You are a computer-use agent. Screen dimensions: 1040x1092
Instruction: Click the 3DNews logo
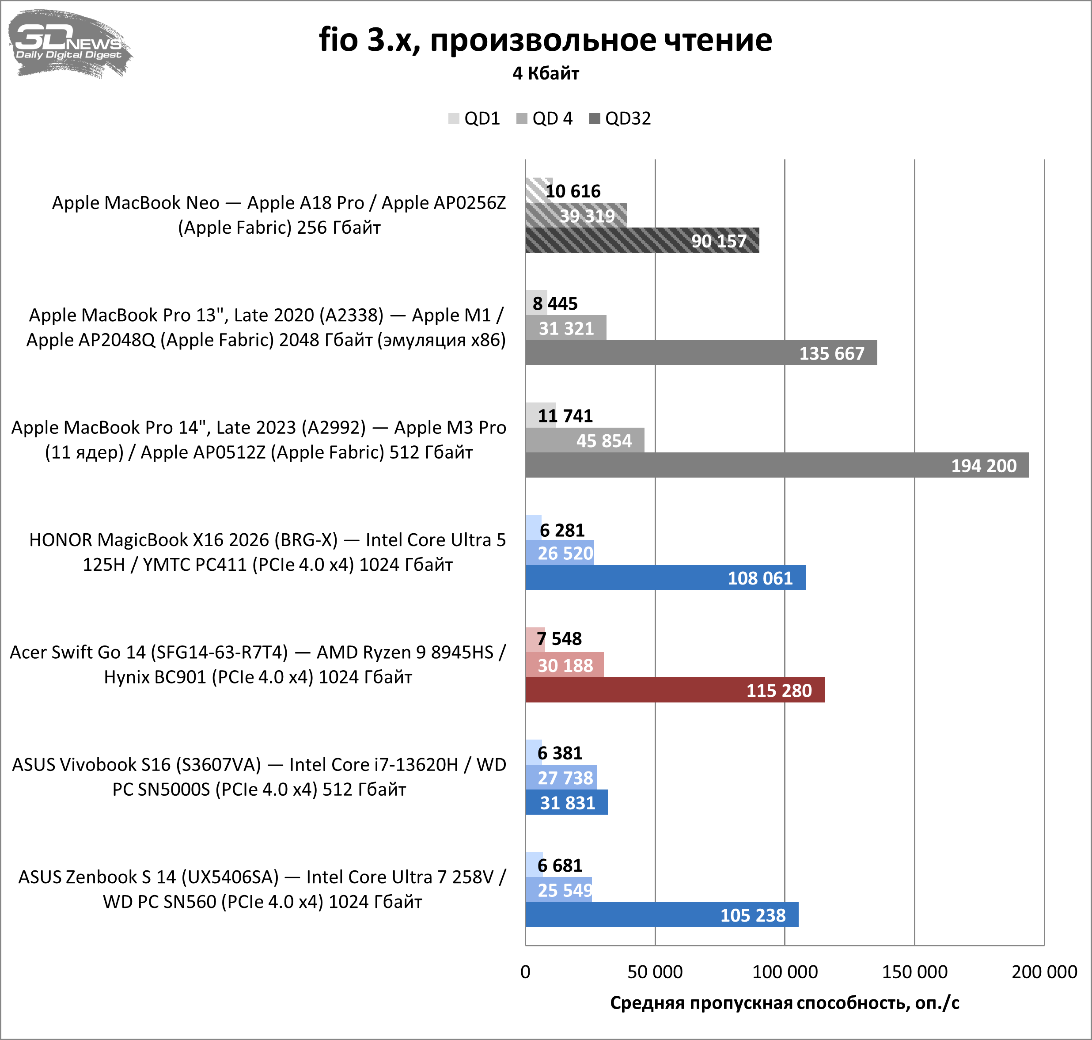tap(69, 43)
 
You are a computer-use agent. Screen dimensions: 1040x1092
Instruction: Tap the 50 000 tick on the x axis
tap(655, 972)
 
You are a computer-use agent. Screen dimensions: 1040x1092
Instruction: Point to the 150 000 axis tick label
tap(914, 972)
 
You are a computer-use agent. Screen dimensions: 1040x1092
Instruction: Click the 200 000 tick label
tap(1044, 972)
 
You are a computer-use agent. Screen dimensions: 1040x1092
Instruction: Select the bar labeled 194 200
tap(776, 465)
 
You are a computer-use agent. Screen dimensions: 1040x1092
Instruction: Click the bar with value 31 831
tap(566, 803)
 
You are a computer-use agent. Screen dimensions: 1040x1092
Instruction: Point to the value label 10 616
tap(573, 191)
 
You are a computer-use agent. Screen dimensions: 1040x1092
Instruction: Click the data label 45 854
tap(604, 441)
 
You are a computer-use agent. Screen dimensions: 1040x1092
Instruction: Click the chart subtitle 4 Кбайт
tap(546, 73)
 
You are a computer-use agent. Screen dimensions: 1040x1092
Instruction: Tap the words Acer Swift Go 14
tap(78, 653)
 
